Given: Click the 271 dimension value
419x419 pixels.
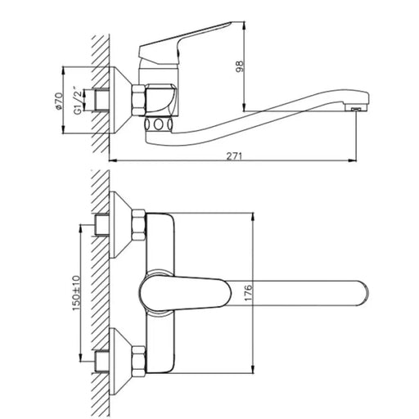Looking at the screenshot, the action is [x=234, y=156].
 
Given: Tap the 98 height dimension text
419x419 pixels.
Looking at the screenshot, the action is [x=239, y=66].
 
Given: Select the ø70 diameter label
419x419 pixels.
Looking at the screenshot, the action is [x=59, y=101].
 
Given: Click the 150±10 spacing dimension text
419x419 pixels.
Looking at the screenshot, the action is [x=76, y=293].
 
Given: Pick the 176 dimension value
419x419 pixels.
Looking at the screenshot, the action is [x=248, y=293].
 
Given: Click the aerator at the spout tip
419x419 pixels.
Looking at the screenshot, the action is [x=356, y=109].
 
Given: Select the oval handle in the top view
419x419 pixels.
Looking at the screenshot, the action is [x=185, y=294].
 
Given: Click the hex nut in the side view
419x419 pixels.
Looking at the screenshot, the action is [x=138, y=100].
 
